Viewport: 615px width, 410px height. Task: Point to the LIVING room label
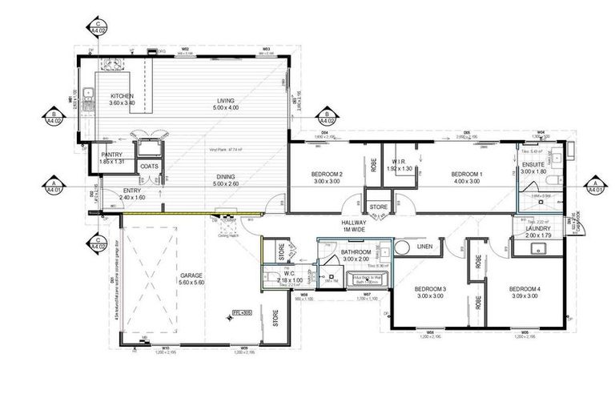pos(225,101)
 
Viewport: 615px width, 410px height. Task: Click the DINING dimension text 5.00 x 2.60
pos(225,184)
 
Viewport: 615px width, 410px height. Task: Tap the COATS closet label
pos(149,167)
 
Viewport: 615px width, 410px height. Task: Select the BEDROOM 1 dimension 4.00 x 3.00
pos(466,181)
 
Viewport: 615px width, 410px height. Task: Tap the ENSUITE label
pos(533,164)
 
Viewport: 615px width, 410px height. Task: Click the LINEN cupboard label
pos(424,247)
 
